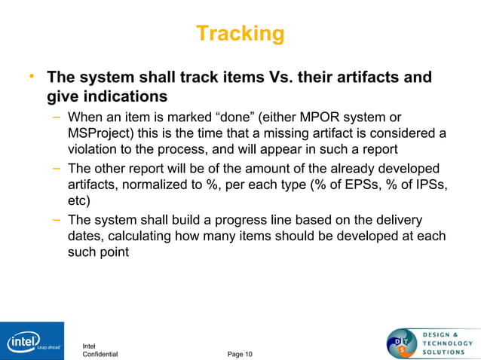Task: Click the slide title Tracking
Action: click(240, 34)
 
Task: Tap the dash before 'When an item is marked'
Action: click(57, 117)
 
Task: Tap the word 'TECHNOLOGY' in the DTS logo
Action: click(448, 343)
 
